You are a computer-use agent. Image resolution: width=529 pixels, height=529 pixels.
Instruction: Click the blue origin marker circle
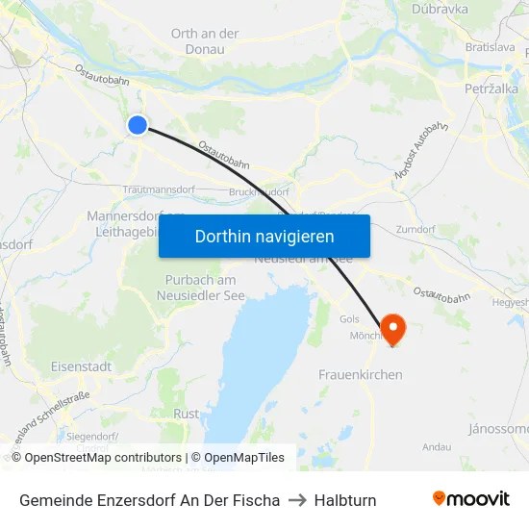click(x=138, y=125)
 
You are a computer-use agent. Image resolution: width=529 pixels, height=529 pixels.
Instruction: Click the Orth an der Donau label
click(x=205, y=40)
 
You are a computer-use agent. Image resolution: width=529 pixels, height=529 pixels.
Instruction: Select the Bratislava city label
click(x=490, y=46)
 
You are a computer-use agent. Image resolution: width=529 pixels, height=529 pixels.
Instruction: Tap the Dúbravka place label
click(x=439, y=9)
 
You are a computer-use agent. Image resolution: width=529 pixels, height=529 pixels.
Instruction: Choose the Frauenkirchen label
click(x=360, y=374)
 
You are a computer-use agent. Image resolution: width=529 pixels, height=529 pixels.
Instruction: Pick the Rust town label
click(x=186, y=414)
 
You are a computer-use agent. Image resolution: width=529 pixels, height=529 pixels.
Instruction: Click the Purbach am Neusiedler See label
click(x=201, y=288)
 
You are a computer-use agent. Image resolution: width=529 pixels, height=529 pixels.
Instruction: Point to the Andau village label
click(x=436, y=446)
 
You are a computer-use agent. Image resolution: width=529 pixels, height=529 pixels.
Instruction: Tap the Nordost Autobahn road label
click(x=421, y=150)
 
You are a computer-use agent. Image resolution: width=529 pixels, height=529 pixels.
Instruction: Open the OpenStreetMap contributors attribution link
click(x=103, y=458)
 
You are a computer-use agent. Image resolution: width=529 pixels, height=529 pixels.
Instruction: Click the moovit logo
click(x=471, y=498)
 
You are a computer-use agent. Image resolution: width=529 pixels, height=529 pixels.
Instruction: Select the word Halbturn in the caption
click(x=345, y=500)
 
